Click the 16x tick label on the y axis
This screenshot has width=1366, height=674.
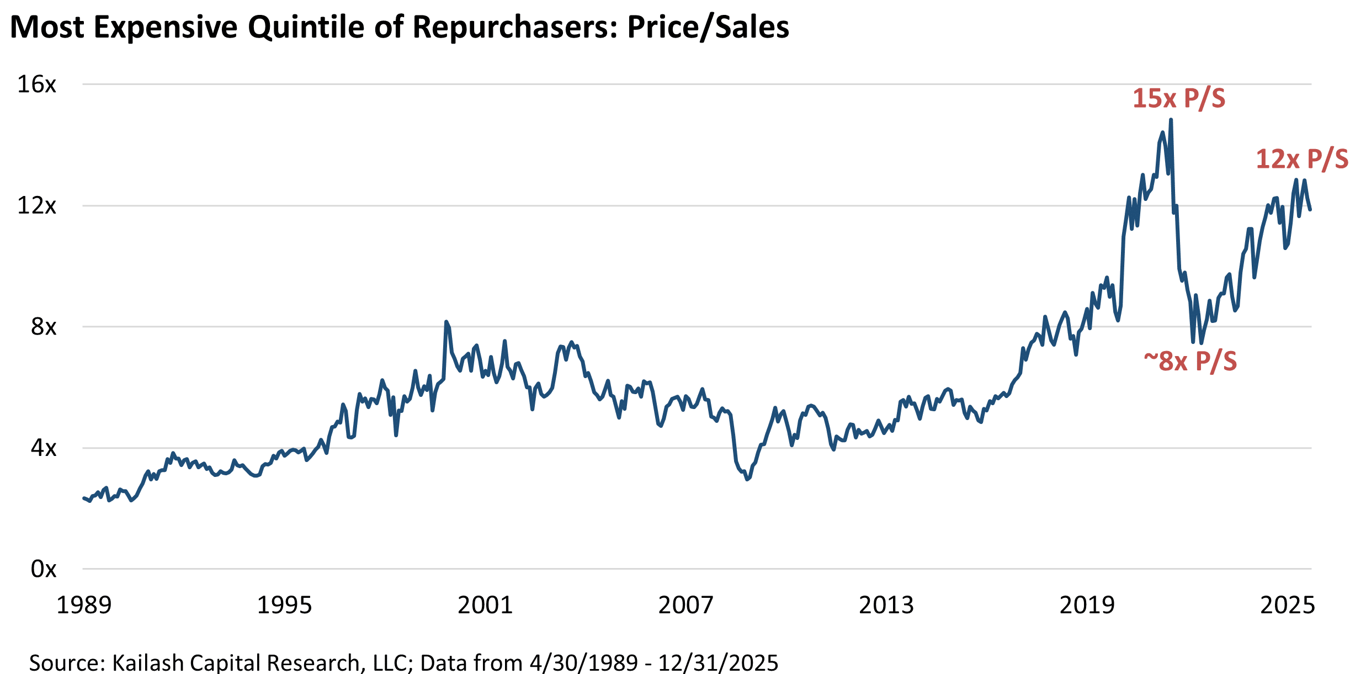pos(37,84)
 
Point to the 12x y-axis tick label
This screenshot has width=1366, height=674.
pos(37,205)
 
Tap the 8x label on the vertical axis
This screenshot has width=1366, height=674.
pos(44,327)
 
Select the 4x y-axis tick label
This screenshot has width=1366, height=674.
pos(44,448)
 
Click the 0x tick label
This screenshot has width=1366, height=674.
pos(44,569)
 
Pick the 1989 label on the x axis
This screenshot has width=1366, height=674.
pos(84,605)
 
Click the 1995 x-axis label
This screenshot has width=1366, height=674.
pos(285,605)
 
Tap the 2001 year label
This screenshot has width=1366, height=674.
pos(485,605)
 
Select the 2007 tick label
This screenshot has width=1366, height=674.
pos(686,605)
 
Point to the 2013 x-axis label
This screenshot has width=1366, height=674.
pos(886,605)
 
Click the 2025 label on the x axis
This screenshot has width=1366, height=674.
pos(1288,605)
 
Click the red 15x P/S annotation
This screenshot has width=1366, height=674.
pos(1179,99)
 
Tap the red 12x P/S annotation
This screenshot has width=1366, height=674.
pos(1302,160)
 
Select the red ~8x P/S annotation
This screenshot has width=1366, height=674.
pos(1190,362)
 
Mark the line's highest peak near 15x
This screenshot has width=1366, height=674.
pos(1171,120)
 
